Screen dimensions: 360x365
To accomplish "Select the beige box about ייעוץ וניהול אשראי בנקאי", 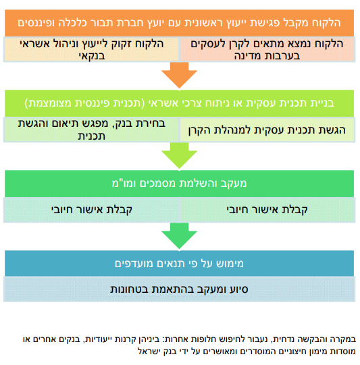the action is click(91, 49).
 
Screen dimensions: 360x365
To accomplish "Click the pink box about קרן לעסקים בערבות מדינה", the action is click(267, 49).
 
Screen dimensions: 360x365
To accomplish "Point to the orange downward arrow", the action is click(179, 75).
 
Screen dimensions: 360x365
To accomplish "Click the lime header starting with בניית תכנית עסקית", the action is click(179, 103).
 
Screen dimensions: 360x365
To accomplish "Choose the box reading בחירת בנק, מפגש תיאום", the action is click(91, 130).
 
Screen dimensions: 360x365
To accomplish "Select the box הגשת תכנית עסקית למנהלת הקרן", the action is click(267, 130).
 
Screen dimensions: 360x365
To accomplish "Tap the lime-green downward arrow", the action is click(179, 155).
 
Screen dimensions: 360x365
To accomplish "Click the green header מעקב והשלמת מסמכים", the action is click(179, 184).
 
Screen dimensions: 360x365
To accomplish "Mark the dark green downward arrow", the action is click(179, 235).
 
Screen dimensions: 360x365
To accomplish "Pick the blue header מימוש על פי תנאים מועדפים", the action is click(179, 264).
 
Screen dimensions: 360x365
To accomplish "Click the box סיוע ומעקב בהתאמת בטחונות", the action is click(179, 289).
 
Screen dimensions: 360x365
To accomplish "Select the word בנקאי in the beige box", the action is click(92, 56).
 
